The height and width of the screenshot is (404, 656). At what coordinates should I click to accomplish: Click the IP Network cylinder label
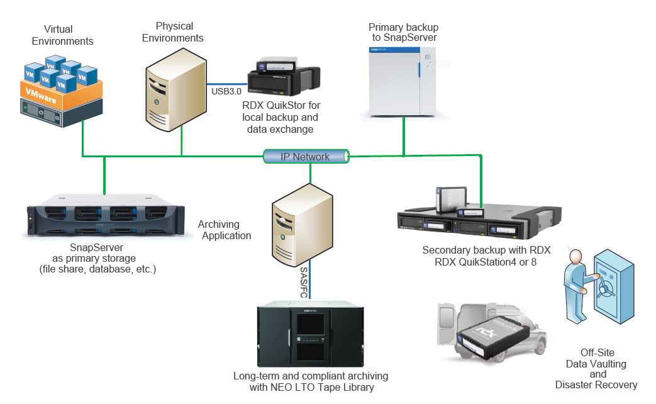click(305, 157)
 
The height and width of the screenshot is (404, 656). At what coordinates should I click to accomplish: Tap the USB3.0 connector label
click(226, 91)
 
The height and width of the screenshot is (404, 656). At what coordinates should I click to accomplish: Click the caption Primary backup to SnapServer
click(403, 33)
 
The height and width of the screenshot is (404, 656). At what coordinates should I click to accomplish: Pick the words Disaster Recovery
click(596, 384)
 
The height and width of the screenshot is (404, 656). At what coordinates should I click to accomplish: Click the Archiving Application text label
click(225, 230)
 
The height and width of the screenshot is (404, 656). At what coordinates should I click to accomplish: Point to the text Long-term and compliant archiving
click(311, 376)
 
